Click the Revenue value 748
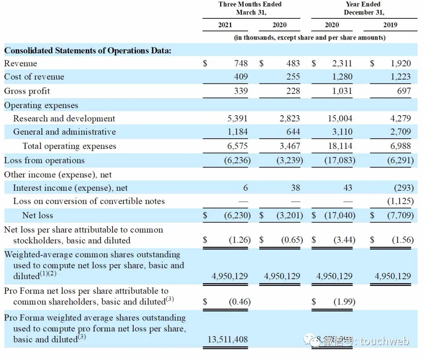(240, 63)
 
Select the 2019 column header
(390, 25)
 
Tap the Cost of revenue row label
(34, 77)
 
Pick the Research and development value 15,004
(340, 118)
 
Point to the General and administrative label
(64, 132)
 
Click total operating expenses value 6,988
(400, 146)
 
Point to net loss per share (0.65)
(292, 240)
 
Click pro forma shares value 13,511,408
(228, 339)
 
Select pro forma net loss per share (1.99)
(344, 302)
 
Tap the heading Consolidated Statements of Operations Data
(87, 51)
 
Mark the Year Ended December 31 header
(364, 8)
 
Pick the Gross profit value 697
(404, 91)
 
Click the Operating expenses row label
(41, 105)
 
